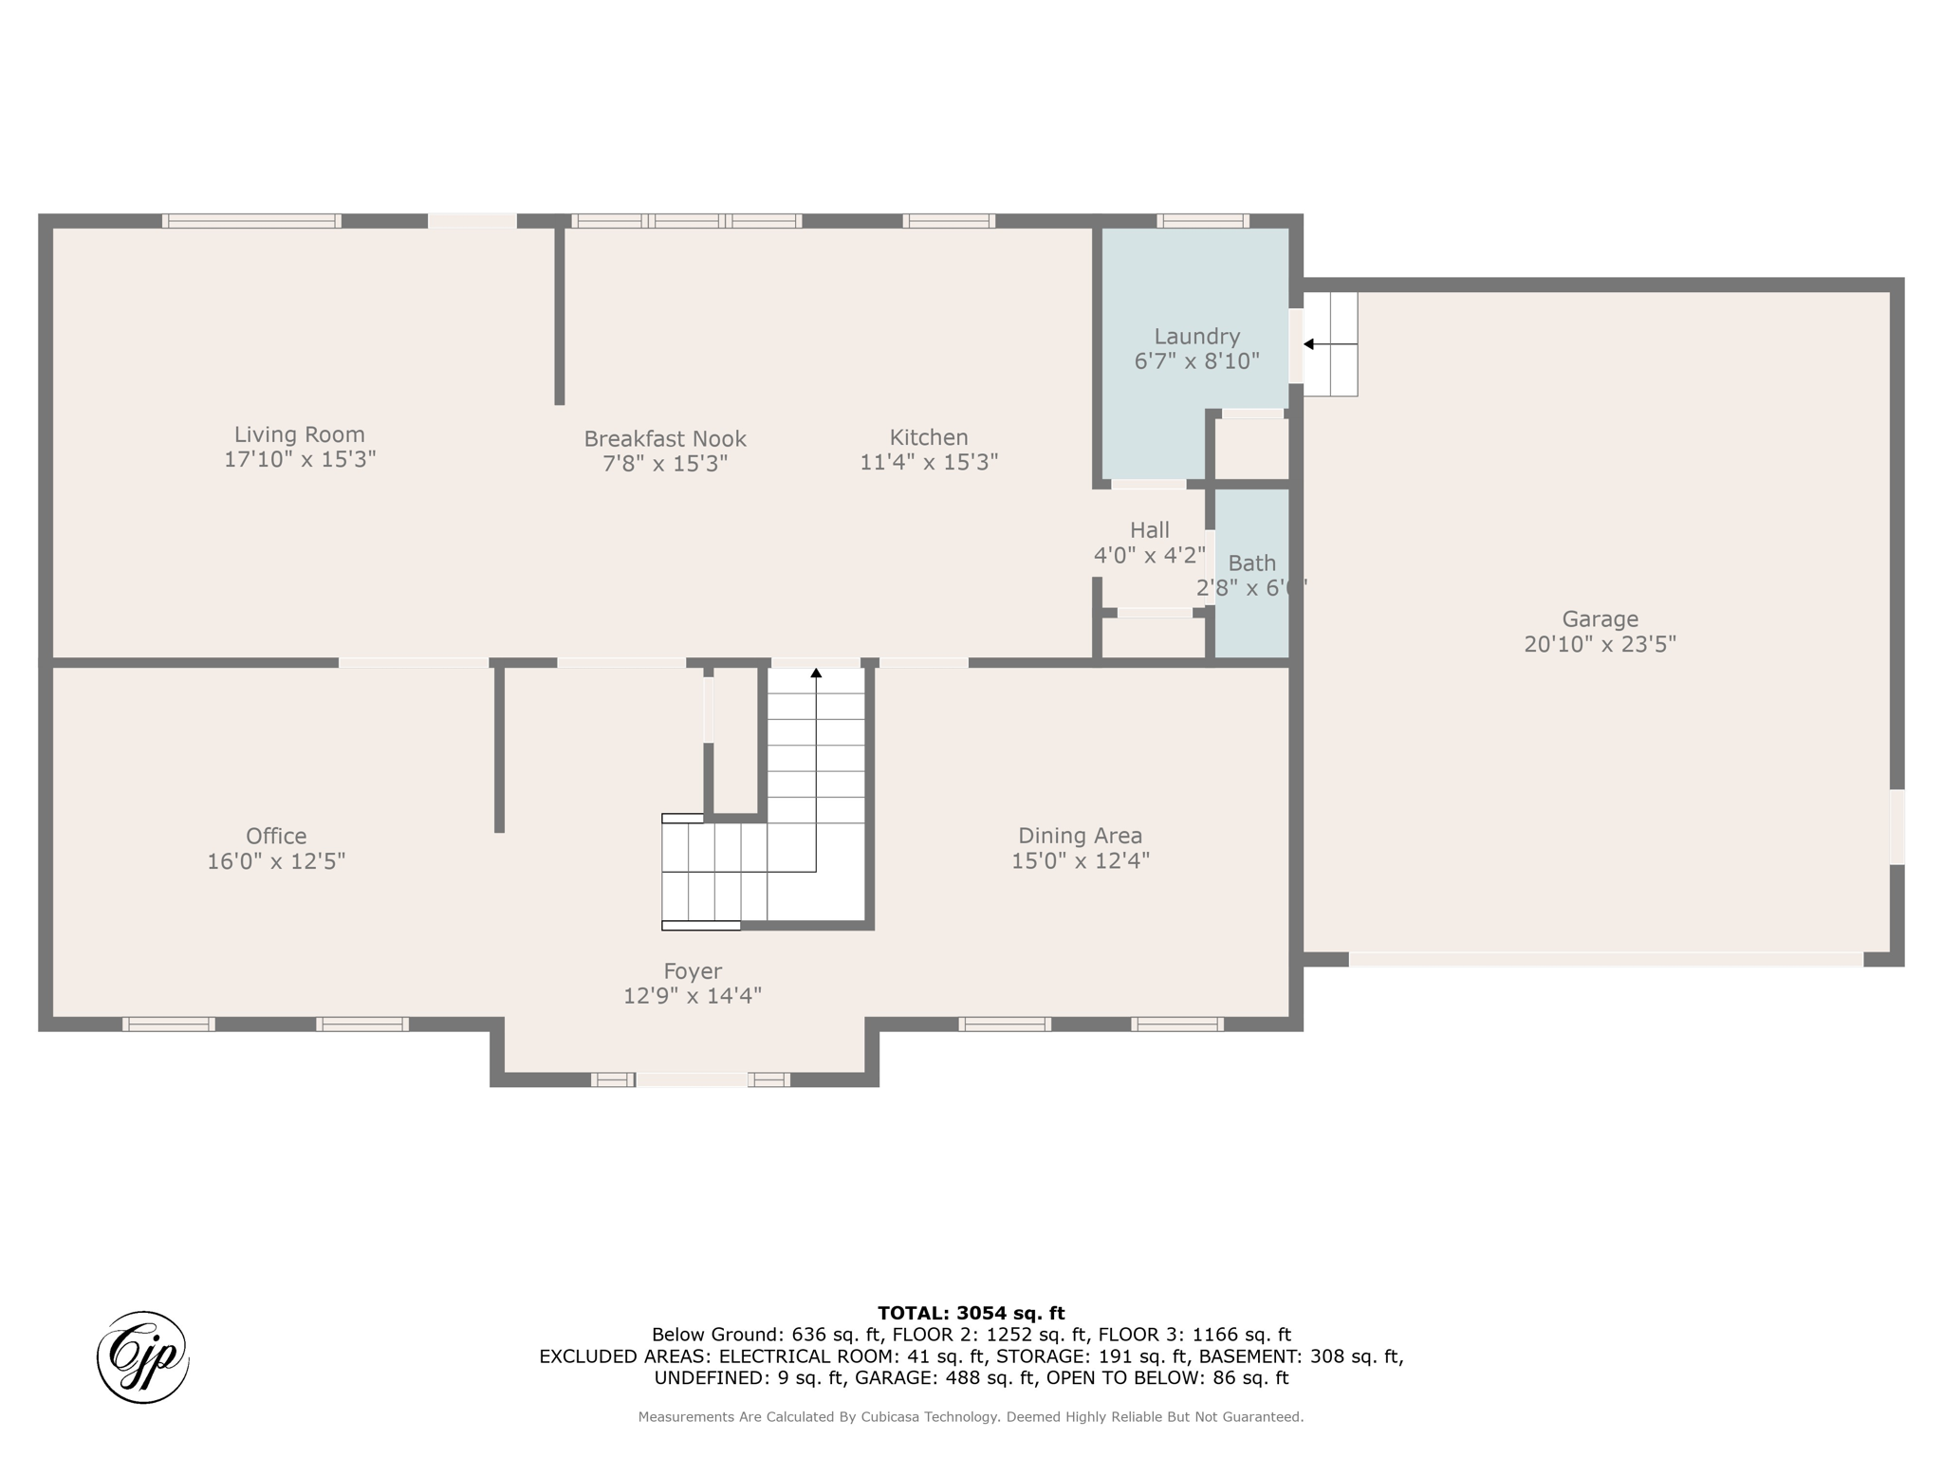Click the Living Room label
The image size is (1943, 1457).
(300, 434)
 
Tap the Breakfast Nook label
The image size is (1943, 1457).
(665, 439)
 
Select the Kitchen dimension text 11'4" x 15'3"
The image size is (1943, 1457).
(929, 462)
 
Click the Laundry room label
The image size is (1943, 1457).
(1197, 337)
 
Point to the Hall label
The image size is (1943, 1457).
(1150, 530)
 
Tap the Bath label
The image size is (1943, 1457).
(1252, 563)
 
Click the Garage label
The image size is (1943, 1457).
(1601, 619)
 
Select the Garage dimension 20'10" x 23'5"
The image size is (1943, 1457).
(1601, 644)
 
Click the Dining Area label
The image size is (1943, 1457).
(1081, 836)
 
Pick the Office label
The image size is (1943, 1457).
(276, 837)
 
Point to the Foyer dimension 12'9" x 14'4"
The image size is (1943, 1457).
(693, 996)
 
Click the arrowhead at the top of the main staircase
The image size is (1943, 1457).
(816, 673)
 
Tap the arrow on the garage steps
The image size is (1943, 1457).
(1330, 344)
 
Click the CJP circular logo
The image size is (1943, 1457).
(143, 1357)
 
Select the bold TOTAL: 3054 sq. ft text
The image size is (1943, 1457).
(971, 1314)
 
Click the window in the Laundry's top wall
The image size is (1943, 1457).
(1203, 221)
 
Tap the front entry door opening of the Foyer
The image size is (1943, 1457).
(692, 1079)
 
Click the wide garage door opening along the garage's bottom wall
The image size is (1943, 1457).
(1606, 960)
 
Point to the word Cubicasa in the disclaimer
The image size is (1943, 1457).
(891, 1417)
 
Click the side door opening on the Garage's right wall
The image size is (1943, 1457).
(1897, 827)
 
